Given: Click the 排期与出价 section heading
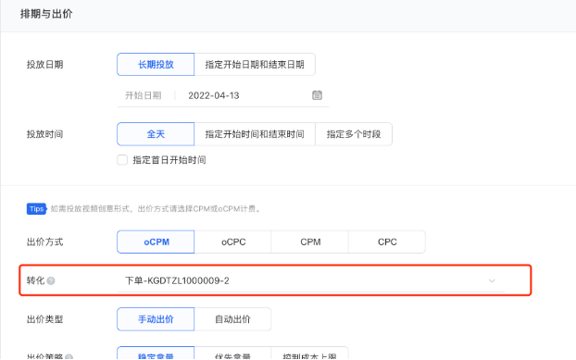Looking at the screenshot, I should pyautogui.click(x=46, y=15).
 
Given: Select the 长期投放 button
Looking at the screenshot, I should pyautogui.click(x=156, y=64).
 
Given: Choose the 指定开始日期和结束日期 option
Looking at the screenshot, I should pyautogui.click(x=255, y=64).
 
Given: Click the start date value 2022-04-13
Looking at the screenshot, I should pyautogui.click(x=213, y=94).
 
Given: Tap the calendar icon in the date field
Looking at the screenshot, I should pyautogui.click(x=317, y=94).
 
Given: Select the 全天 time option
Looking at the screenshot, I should pyautogui.click(x=156, y=134).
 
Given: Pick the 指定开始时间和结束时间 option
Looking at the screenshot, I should pyautogui.click(x=255, y=134).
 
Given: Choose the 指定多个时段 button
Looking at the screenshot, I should pyautogui.click(x=354, y=134).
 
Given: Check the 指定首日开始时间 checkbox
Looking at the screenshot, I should pyautogui.click(x=122, y=159).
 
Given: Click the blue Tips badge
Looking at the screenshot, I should pyautogui.click(x=36, y=208).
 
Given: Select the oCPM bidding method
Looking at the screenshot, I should pyautogui.click(x=156, y=242).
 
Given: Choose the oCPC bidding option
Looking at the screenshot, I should pyautogui.click(x=233, y=242).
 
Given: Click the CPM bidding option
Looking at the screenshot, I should pyautogui.click(x=310, y=242).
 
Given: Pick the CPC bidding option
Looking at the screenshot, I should pyautogui.click(x=387, y=242).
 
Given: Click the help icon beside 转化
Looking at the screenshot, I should pyautogui.click(x=51, y=280).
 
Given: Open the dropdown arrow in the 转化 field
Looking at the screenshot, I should pyautogui.click(x=492, y=279).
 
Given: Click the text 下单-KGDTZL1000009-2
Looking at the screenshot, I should pyautogui.click(x=177, y=279).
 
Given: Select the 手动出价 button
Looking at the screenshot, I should pyautogui.click(x=156, y=319).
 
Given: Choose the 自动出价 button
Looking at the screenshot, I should pyautogui.click(x=233, y=319).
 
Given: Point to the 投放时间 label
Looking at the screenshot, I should pyautogui.click(x=44, y=134).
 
